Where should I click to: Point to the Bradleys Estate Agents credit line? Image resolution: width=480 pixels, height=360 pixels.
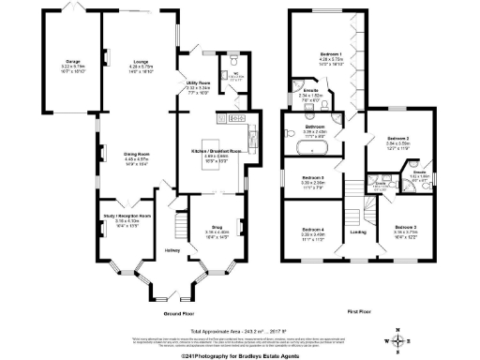[x=240, y=354]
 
